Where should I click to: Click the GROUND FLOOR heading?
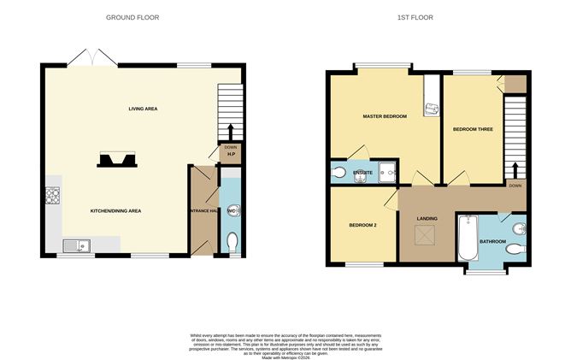coord(132,17)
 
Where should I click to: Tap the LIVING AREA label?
coord(143,109)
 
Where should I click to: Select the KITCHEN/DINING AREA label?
coord(116,210)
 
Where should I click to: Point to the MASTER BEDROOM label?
coord(384,115)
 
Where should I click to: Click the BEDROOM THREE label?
coord(473,129)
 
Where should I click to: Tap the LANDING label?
coord(427,219)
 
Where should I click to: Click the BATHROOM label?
coord(493,242)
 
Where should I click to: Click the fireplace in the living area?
coord(115,160)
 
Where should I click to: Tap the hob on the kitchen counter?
coord(51,198)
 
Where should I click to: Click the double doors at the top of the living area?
coord(92,58)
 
